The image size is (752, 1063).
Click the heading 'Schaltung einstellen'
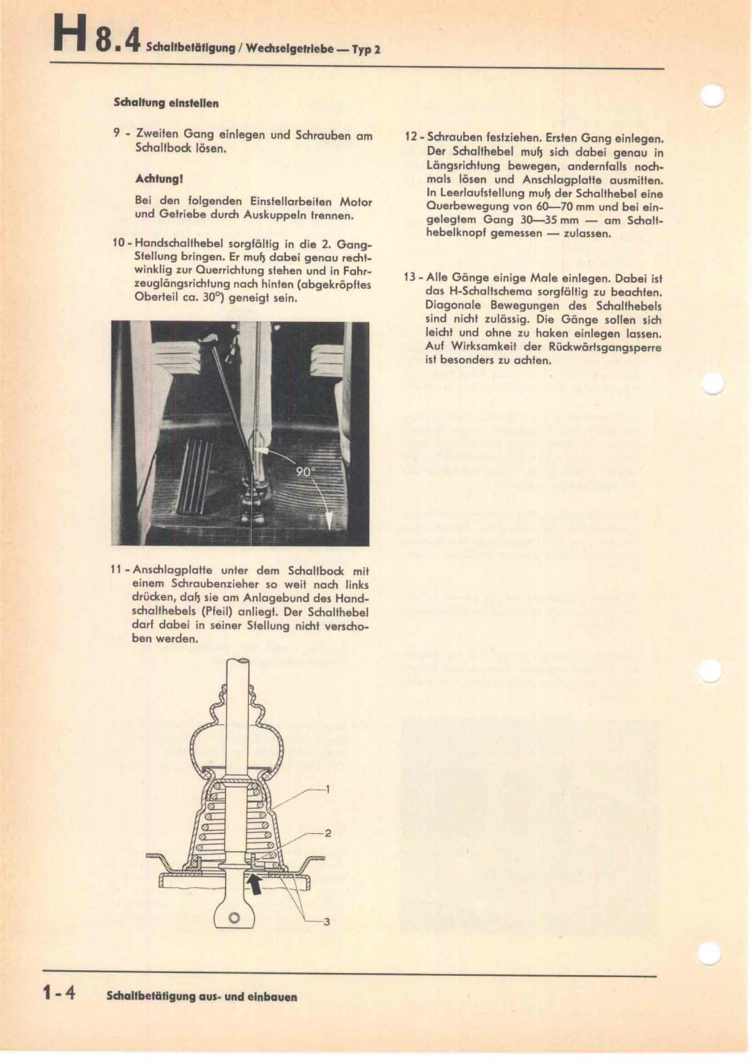tap(166, 103)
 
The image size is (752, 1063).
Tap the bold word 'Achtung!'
tap(159, 179)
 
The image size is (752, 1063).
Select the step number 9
tap(116, 134)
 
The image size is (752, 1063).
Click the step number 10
tap(119, 244)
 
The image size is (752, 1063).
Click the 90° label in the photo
tap(305, 471)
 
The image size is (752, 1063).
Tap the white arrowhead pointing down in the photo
tap(329, 518)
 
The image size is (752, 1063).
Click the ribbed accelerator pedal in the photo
tap(195, 476)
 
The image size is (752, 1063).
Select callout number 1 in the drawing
tap(328, 789)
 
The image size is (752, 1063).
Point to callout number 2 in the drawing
tap(328, 833)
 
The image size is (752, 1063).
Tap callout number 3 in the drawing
tap(327, 921)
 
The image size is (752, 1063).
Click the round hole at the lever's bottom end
tap(234, 918)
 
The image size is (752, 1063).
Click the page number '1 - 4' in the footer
tap(59, 994)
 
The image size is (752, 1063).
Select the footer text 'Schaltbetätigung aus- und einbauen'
tap(202, 997)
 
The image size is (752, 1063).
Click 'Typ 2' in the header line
tap(366, 50)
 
